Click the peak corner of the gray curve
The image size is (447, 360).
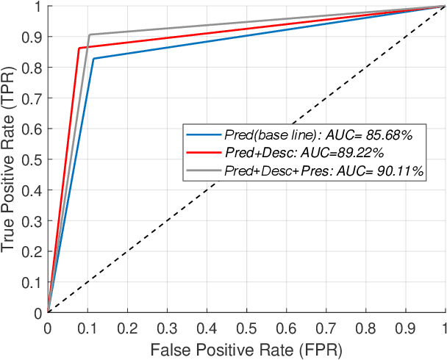point(89,35)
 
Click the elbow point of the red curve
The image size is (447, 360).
point(79,48)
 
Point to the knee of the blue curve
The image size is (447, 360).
point(93,59)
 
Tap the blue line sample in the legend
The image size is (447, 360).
point(204,135)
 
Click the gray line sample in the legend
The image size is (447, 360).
point(204,170)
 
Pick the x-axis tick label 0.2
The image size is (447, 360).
point(127,326)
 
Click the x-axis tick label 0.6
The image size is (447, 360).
point(286,326)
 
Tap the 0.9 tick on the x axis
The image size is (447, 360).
point(405,326)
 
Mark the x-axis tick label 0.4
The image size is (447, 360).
point(207,326)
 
